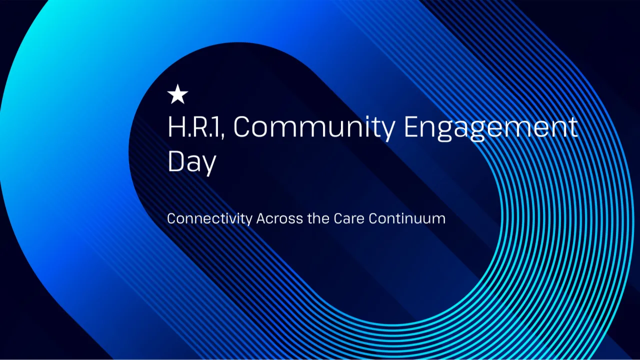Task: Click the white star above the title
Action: pyautogui.click(x=177, y=94)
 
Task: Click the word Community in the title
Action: pyautogui.click(x=314, y=129)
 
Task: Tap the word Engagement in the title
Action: pyautogui.click(x=490, y=129)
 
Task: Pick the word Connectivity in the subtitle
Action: pyautogui.click(x=209, y=219)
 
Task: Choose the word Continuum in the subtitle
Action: pyautogui.click(x=407, y=218)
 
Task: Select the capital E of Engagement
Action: pyautogui.click(x=411, y=127)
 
